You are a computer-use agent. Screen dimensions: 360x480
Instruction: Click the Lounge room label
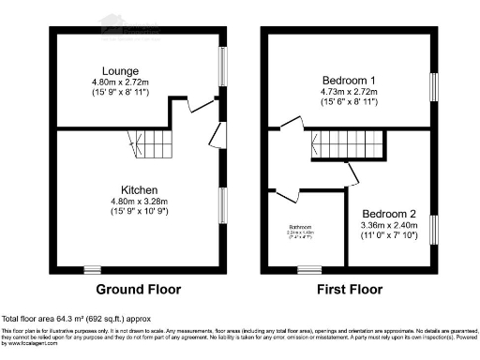point(122,70)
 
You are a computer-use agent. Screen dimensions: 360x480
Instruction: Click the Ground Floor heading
point(139,289)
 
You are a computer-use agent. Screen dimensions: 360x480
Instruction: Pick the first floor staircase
point(355,144)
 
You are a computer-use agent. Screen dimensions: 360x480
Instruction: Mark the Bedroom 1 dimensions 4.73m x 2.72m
point(348,91)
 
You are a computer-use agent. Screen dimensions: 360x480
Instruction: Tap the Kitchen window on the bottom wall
point(92,270)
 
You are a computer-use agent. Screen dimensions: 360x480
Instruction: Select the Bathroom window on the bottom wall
point(307,270)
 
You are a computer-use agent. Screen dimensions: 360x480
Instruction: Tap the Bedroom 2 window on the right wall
point(433,230)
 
